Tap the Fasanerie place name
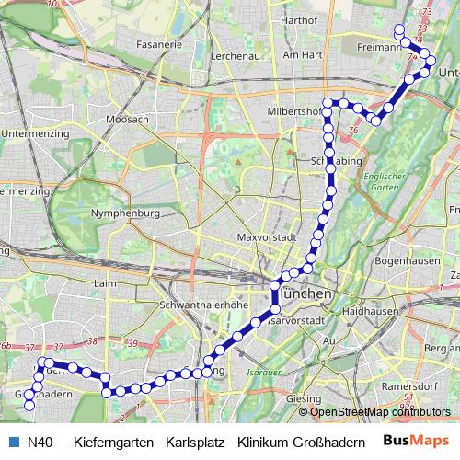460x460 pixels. (159, 43)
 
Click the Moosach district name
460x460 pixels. (127, 120)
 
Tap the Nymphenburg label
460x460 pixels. (126, 213)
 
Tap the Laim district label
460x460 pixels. (106, 283)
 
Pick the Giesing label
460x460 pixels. (297, 398)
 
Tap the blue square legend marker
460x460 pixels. (13, 441)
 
